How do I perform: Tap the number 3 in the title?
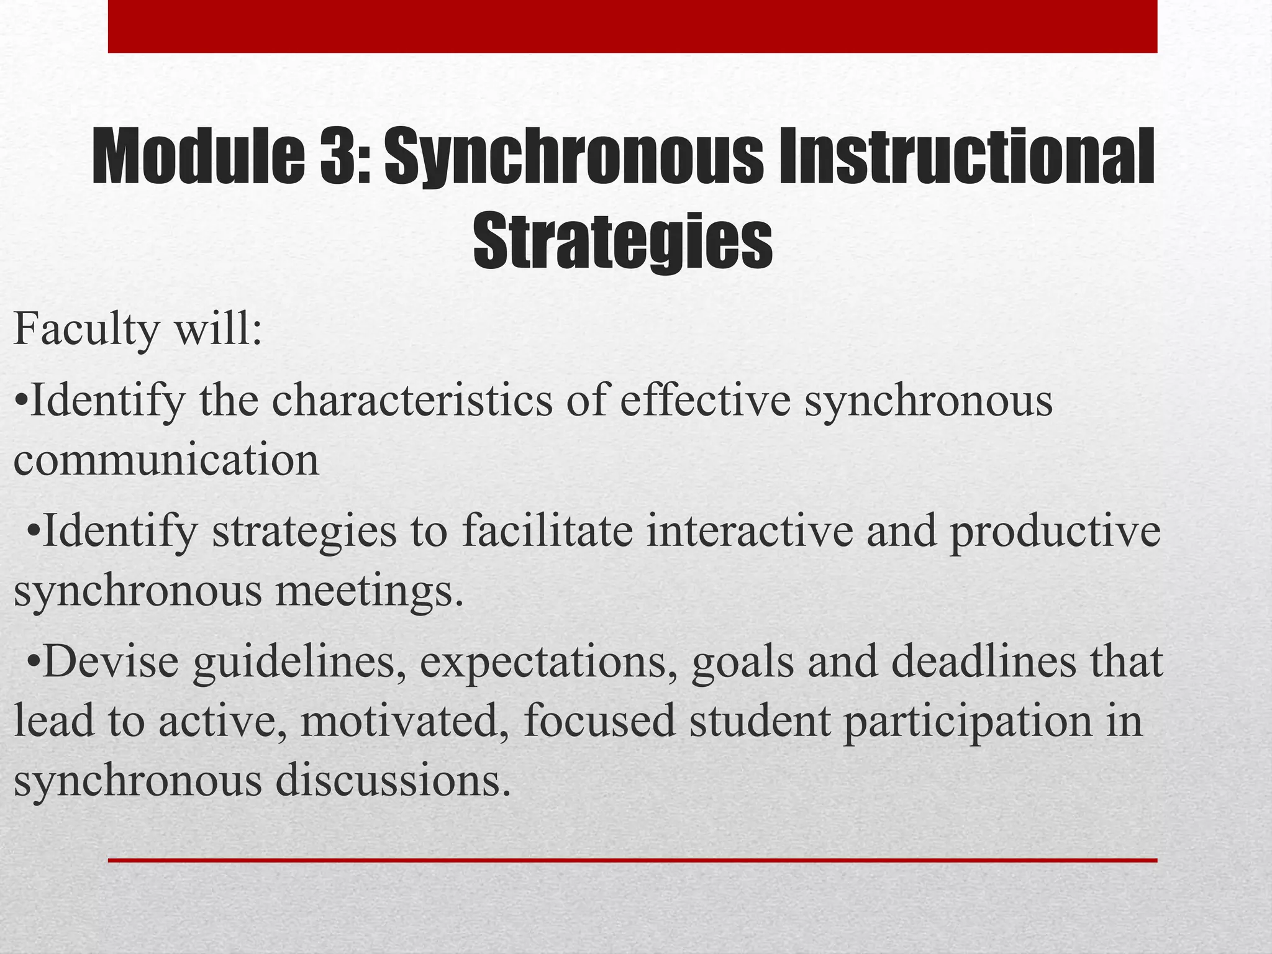tap(338, 156)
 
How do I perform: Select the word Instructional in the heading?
tap(966, 156)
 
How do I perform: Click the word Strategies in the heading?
tap(622, 240)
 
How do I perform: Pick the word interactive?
tap(749, 532)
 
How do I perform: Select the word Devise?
tap(111, 661)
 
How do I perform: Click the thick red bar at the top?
tap(632, 26)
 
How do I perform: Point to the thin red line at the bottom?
tap(632, 860)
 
